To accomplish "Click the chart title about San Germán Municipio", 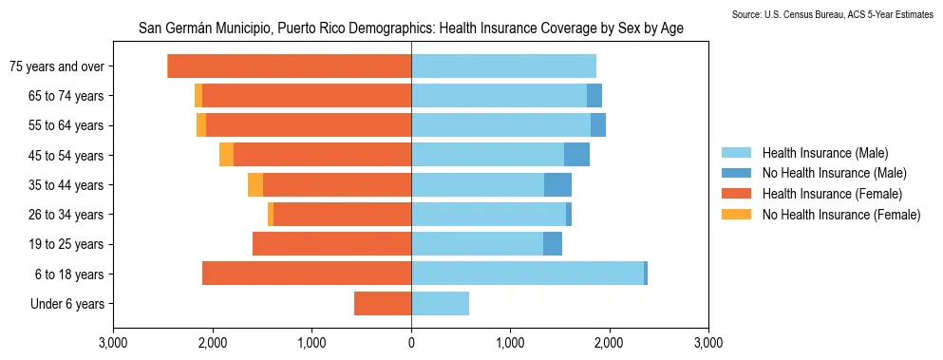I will tap(410, 29).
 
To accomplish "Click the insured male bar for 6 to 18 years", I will tap(527, 274).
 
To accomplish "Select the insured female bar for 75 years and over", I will tap(289, 66).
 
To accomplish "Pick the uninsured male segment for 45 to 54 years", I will tap(576, 155).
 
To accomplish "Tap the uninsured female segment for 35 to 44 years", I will tap(255, 185).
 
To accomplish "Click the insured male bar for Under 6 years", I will tap(440, 304).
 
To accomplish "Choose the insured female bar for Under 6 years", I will tap(383, 304).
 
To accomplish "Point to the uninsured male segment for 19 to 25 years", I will tap(553, 244).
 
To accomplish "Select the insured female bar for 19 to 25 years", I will tap(331, 244).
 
